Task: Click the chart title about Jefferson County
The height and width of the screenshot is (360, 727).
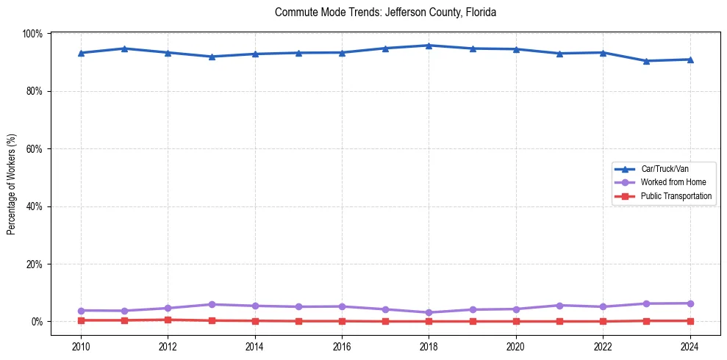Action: [385, 12]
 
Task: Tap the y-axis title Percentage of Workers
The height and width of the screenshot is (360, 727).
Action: [11, 184]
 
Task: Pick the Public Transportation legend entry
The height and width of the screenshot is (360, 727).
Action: [676, 196]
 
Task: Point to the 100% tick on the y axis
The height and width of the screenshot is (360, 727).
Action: [32, 34]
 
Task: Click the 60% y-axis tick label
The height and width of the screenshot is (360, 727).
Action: [34, 149]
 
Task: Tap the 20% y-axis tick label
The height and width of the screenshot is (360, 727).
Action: [34, 264]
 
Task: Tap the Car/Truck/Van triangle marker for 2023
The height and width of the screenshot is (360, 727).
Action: [646, 61]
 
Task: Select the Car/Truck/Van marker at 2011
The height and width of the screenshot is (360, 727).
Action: [124, 48]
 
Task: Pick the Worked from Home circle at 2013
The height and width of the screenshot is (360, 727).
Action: [212, 304]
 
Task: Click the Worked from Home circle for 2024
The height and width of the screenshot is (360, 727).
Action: [690, 303]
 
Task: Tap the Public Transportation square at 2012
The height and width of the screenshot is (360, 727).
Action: [168, 320]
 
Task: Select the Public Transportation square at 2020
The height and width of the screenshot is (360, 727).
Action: [516, 321]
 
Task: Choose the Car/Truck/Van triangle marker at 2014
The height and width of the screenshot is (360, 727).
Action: [255, 54]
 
